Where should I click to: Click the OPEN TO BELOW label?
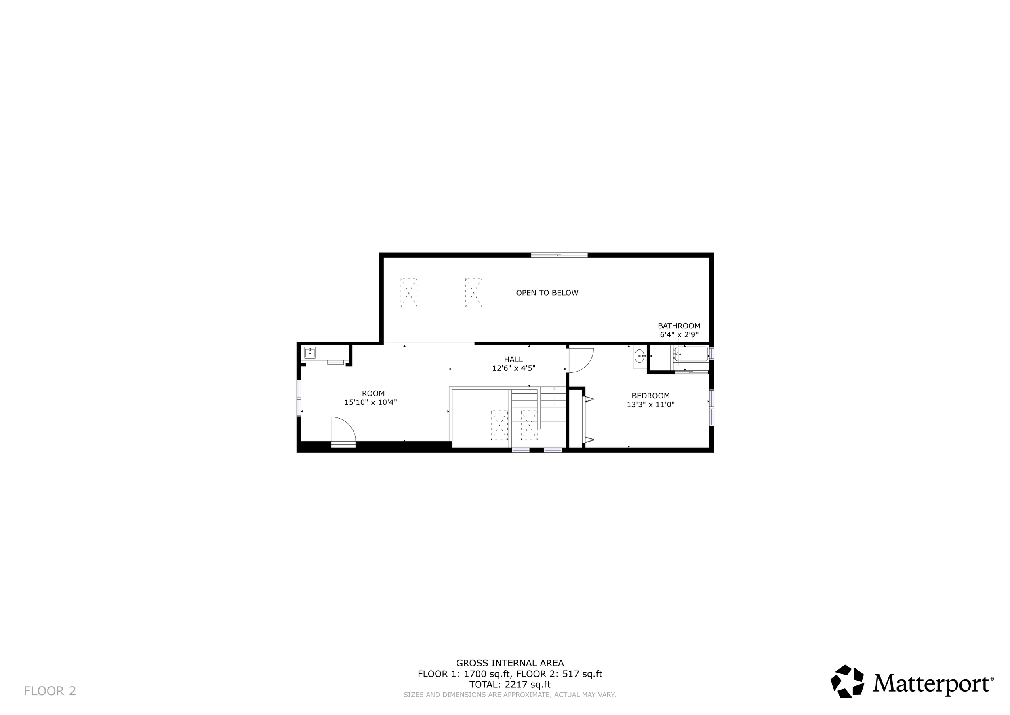(547, 293)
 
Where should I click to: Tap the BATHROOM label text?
(679, 326)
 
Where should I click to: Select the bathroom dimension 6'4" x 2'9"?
(679, 334)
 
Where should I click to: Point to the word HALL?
(513, 359)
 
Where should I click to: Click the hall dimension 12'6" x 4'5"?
(513, 368)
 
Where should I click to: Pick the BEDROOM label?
(650, 396)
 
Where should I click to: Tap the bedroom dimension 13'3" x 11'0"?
(650, 404)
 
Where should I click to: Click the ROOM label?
(373, 393)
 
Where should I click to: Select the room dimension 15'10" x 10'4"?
(370, 402)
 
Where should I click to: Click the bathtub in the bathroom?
(692, 354)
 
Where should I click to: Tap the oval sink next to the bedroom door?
(640, 355)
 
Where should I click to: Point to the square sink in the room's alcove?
(310, 353)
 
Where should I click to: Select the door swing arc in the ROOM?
(343, 429)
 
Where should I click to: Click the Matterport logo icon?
(847, 682)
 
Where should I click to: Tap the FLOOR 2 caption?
(50, 691)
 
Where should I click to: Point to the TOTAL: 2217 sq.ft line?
(509, 685)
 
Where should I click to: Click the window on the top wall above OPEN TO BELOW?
(559, 255)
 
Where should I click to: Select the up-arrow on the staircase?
(554, 389)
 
